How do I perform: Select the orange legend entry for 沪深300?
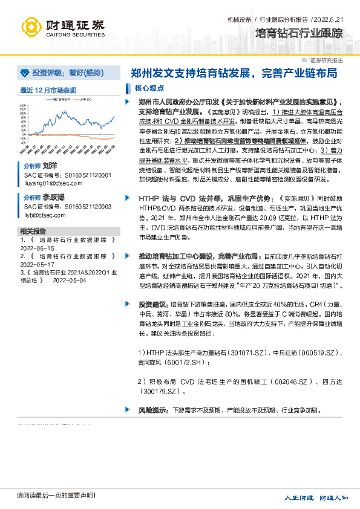click(82, 100)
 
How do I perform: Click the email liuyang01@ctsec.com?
click(45, 183)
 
